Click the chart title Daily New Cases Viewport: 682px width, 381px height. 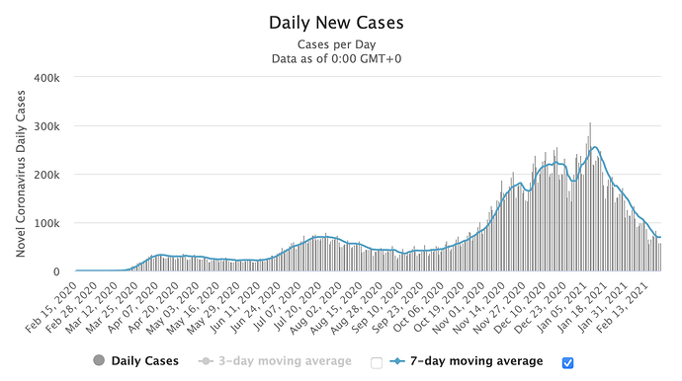(x=336, y=23)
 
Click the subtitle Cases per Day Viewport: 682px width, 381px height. (x=337, y=44)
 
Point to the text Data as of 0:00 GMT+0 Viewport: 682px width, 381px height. (x=337, y=58)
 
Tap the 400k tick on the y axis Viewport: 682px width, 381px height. (x=47, y=78)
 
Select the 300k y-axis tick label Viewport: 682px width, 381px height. (x=47, y=126)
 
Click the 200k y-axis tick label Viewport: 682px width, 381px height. (x=47, y=175)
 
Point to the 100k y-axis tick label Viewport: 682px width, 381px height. (x=47, y=223)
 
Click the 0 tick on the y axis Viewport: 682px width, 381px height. (x=56, y=272)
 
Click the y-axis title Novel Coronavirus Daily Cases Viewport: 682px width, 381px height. (x=21, y=174)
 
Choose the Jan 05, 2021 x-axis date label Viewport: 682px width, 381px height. (x=562, y=306)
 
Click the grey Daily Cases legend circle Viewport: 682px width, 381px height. (x=99, y=360)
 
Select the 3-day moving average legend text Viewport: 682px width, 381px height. (x=285, y=361)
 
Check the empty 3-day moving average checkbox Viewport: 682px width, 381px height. (x=377, y=363)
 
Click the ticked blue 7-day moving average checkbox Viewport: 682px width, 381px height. (x=567, y=363)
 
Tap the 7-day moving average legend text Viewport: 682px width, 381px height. (x=476, y=361)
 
